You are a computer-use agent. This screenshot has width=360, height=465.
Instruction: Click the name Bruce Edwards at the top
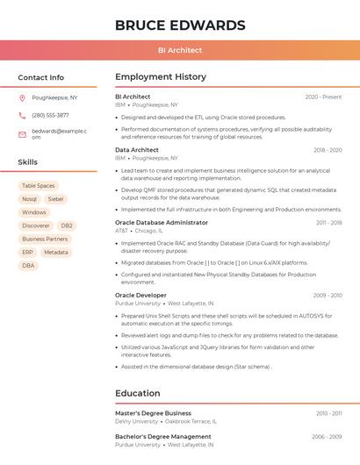(180, 25)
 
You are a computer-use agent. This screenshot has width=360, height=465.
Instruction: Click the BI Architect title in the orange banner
(180, 50)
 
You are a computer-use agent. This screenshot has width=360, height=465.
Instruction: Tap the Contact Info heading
(40, 77)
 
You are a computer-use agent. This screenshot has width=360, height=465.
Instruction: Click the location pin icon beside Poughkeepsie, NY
(22, 97)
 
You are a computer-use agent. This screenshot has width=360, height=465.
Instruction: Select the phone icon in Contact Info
(22, 115)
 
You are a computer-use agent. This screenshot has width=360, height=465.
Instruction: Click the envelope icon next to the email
(22, 133)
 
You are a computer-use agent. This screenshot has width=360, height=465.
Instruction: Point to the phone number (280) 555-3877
(50, 115)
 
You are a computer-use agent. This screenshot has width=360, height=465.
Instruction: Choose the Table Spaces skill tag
(38, 186)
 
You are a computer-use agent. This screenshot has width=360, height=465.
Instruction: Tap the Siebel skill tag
(56, 199)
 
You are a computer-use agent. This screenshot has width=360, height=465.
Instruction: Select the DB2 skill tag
(67, 225)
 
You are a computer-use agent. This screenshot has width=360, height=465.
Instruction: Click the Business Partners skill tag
(45, 239)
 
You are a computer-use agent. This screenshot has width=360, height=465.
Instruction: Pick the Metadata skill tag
(55, 252)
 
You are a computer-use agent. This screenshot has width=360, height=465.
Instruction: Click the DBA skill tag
(29, 265)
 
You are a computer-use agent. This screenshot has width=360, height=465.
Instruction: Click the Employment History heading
(161, 77)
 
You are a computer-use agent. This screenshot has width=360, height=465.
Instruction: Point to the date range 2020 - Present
(323, 97)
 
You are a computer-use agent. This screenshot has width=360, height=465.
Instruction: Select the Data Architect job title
(137, 150)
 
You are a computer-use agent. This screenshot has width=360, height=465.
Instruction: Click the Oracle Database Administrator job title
(162, 223)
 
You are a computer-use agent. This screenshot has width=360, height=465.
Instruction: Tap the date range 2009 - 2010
(327, 296)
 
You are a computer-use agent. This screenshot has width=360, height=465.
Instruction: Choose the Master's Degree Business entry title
(153, 412)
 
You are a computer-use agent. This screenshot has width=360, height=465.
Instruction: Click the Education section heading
(138, 393)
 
